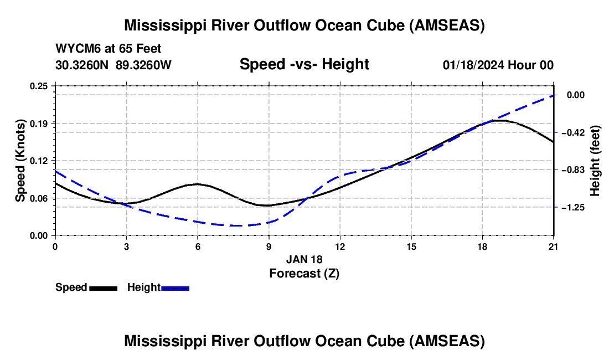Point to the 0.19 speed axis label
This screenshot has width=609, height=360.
pyautogui.click(x=40, y=123)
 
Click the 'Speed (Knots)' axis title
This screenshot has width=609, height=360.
pyautogui.click(x=20, y=161)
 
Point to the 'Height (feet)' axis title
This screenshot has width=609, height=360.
pyautogui.click(x=595, y=161)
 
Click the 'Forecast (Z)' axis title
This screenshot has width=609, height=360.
pyautogui.click(x=304, y=273)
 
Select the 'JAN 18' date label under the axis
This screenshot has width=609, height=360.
pyautogui.click(x=304, y=259)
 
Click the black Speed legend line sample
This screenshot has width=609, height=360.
pyautogui.click(x=104, y=288)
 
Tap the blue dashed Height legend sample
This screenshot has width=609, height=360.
pyautogui.click(x=176, y=288)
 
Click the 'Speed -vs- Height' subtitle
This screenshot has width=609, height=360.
pyautogui.click(x=304, y=64)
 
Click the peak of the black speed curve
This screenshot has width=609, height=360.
pyautogui.click(x=500, y=120)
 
